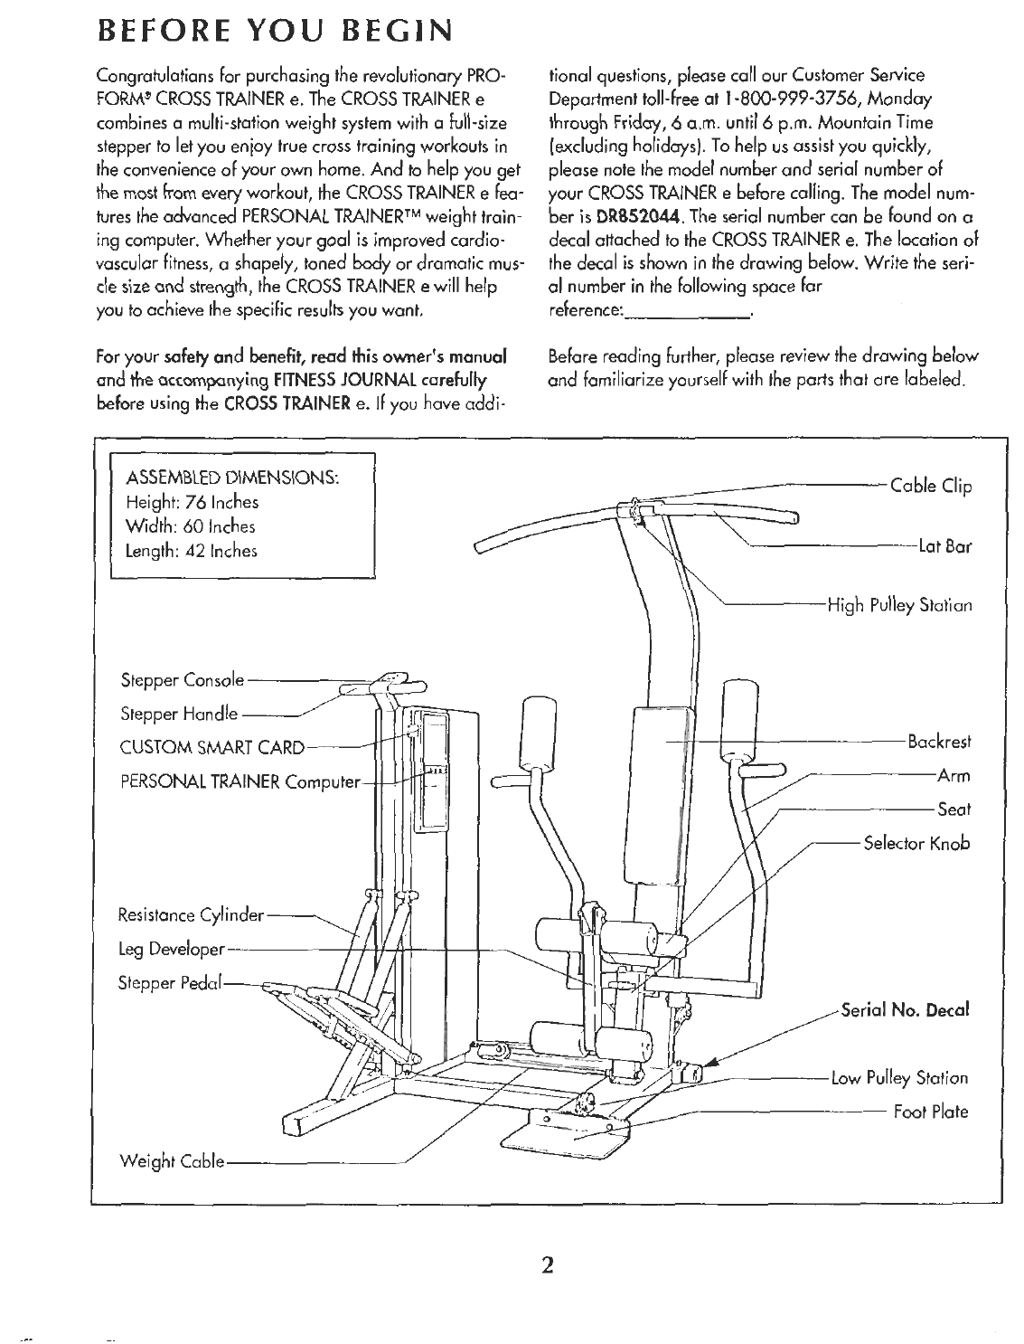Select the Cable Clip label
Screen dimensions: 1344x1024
pos(931,487)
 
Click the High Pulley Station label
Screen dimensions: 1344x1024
pos(899,605)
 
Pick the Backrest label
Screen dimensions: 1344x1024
pos(939,742)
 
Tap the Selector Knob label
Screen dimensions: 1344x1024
pos(916,843)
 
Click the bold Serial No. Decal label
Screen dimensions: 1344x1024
pos(905,1008)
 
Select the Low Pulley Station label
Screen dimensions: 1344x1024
pos(916,1077)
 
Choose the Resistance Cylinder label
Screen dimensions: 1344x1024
pos(191,915)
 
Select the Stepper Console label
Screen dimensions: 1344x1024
pos(182,679)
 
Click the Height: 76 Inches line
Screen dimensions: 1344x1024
pos(193,502)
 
